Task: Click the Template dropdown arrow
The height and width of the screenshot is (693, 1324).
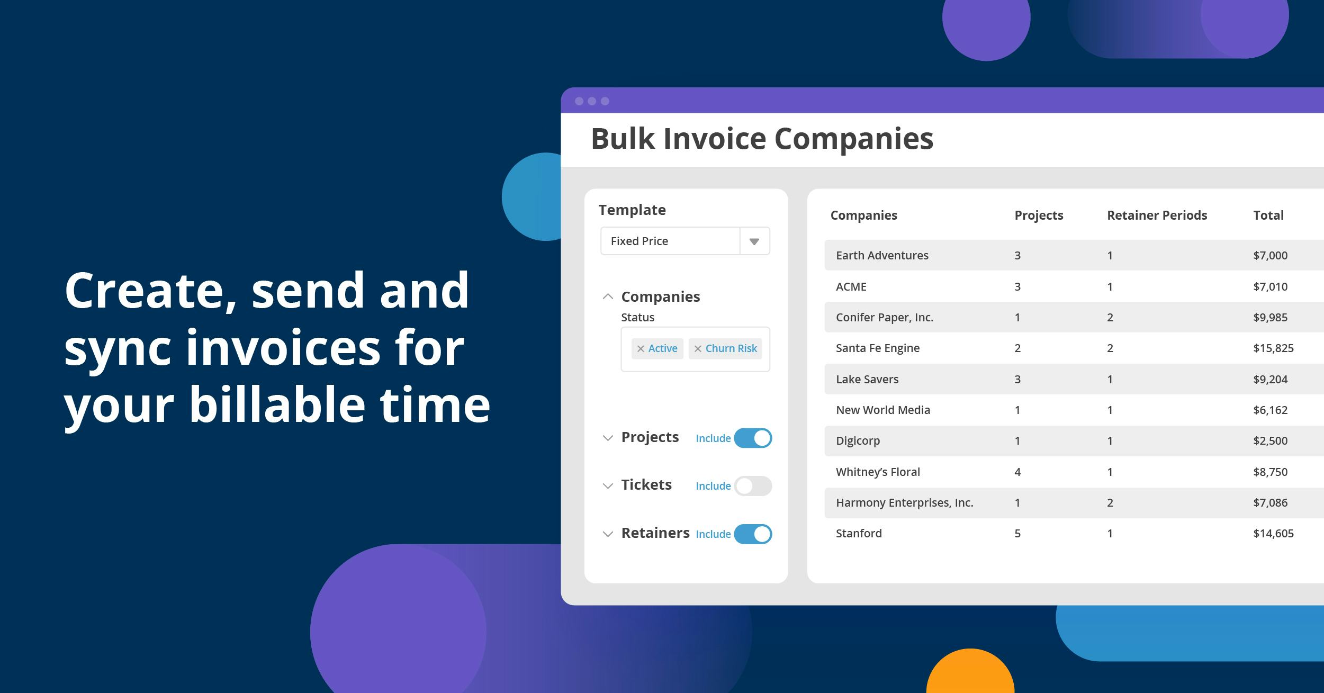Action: coord(754,241)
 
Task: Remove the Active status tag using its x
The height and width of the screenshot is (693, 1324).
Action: coord(641,348)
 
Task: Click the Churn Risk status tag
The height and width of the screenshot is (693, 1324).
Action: coord(725,348)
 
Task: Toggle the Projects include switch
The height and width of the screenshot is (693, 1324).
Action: coord(753,438)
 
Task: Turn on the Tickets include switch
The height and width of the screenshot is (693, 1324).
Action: coord(753,486)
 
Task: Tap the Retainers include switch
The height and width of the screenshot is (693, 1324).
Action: coord(753,534)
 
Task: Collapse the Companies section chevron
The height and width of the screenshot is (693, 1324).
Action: coord(608,296)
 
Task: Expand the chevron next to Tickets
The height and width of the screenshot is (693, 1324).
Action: coord(608,486)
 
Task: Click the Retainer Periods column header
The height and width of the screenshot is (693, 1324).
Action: coord(1157,215)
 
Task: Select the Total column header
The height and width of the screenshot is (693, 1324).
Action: coord(1268,215)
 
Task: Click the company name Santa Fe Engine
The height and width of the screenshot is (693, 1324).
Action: coord(878,348)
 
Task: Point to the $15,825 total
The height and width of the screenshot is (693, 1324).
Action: coord(1273,348)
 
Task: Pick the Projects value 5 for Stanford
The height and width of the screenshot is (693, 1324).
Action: coord(1017,534)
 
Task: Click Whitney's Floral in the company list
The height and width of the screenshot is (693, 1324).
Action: coord(878,472)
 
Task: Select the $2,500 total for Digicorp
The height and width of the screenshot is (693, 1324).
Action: coord(1270,441)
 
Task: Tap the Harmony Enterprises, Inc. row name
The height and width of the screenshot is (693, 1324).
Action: coord(904,503)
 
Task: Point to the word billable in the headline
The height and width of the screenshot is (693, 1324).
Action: coord(277,404)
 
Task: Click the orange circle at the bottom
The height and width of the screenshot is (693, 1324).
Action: coord(970,671)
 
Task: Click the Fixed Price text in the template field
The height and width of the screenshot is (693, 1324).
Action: coord(640,241)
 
